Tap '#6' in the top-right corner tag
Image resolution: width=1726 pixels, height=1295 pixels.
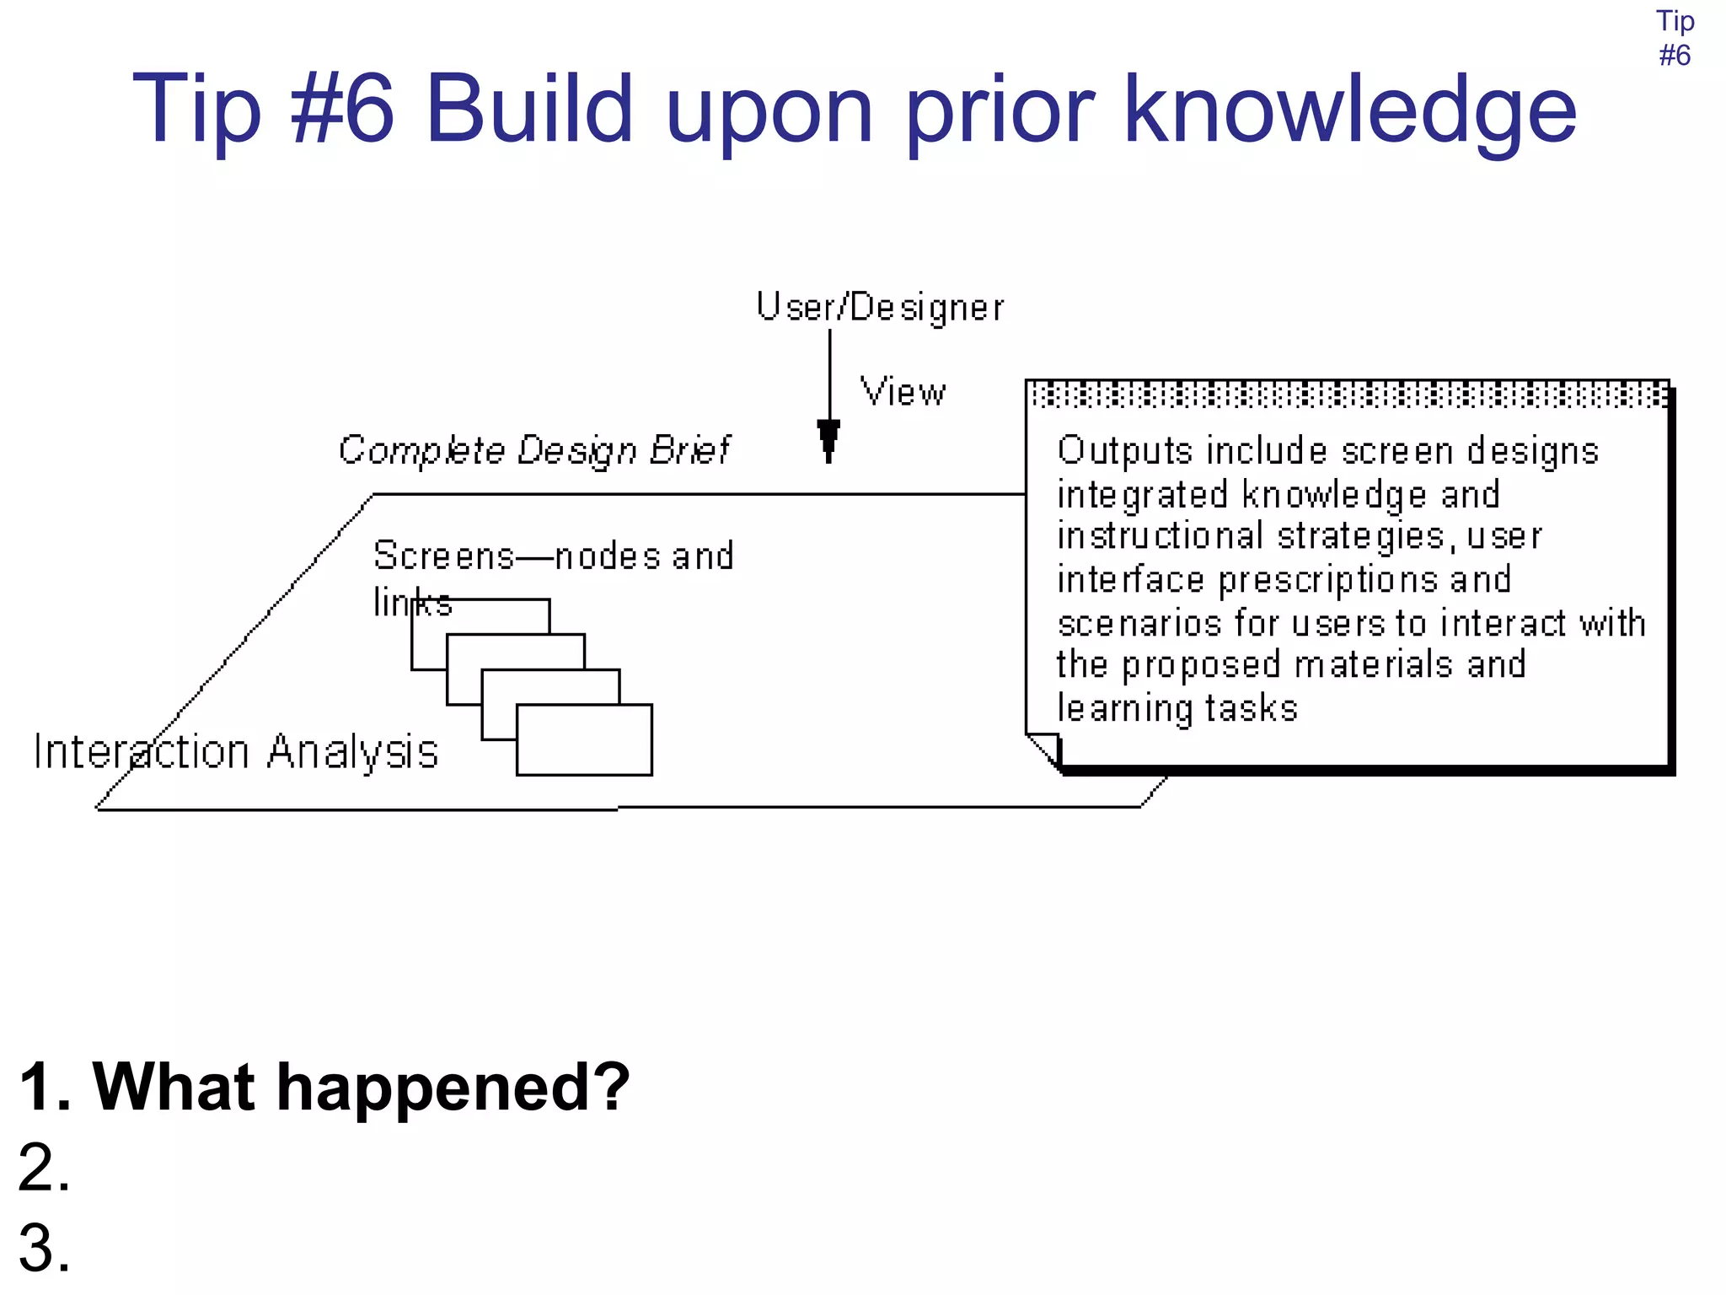point(1674,56)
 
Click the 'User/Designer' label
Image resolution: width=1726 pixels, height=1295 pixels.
point(879,308)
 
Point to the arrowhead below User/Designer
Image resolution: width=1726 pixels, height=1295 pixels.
point(828,438)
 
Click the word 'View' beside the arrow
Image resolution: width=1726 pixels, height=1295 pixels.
point(903,393)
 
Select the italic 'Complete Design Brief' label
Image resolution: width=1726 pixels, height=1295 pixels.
point(533,450)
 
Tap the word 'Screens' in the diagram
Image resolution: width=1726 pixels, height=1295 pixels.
point(443,556)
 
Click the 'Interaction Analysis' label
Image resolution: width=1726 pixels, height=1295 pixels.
point(236,752)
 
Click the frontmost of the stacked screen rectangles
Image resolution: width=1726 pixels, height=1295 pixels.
point(583,739)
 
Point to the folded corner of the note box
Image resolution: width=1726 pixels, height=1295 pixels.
point(1043,750)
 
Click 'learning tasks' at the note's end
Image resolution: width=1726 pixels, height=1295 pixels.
point(1177,709)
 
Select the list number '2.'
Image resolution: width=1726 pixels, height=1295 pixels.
point(44,1168)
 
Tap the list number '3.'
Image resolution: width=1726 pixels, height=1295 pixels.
point(44,1248)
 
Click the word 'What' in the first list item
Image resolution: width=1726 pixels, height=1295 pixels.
point(173,1087)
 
